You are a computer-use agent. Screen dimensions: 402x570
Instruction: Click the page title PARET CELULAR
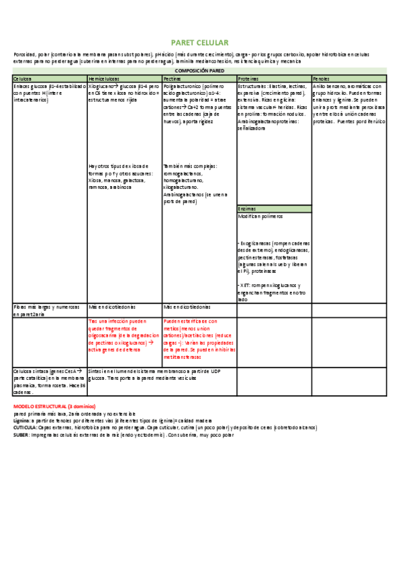pos(201,42)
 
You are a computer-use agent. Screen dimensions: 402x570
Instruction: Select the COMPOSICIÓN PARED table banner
pos(201,71)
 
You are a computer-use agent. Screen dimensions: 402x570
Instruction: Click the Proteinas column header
pos(249,79)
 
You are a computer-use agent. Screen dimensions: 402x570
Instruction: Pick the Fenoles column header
pos(321,79)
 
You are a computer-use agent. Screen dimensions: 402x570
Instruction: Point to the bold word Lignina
pos(22,421)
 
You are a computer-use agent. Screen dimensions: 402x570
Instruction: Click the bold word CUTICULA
pos(25,427)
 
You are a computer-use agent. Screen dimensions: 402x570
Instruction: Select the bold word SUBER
pos(21,435)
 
